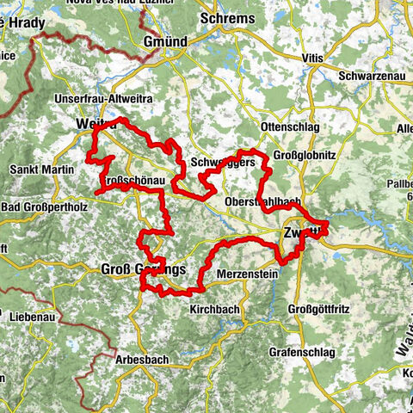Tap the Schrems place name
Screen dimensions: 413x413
(x=227, y=18)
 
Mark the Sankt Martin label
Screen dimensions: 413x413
(x=41, y=170)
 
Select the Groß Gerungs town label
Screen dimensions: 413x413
(x=144, y=269)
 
